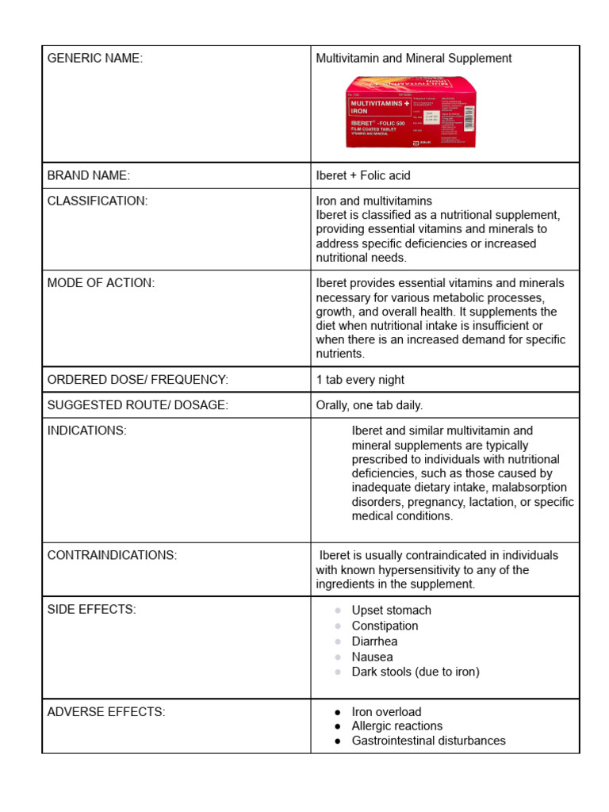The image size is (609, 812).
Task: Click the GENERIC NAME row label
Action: coord(95,59)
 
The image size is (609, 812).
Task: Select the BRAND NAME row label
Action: coord(88,175)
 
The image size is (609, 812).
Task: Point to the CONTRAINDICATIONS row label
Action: coord(112,555)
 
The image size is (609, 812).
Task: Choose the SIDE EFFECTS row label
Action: coord(91,609)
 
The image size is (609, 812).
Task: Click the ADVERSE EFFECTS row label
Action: coord(106,712)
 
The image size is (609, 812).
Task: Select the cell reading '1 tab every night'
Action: coord(360,380)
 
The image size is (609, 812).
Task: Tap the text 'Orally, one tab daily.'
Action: coord(370,405)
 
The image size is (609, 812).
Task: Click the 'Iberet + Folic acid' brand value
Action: coord(363,175)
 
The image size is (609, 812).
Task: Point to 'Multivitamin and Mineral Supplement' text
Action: coord(414,59)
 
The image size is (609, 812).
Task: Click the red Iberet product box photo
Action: coord(412,112)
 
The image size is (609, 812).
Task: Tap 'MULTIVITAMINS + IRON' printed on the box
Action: coord(380,107)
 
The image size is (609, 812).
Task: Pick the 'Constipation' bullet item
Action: coord(385,626)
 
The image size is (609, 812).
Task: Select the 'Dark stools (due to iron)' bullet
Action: coord(416,672)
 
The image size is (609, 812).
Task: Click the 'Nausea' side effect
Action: coord(372,657)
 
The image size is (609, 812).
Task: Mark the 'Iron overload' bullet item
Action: coord(386,712)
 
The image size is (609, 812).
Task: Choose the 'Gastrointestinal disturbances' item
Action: coord(428,741)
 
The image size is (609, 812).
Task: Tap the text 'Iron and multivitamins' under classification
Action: coord(374,201)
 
